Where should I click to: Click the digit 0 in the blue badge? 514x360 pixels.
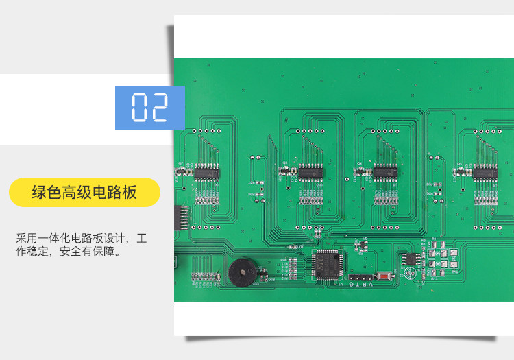[x=140, y=107]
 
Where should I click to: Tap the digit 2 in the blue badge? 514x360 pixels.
[x=159, y=107]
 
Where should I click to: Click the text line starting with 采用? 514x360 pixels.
[x=82, y=239]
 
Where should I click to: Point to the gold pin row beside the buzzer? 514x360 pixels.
[x=202, y=276]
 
